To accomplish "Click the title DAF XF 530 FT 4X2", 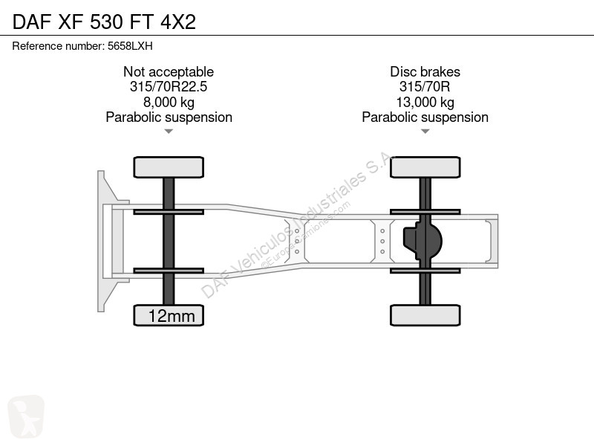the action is coord(104,22).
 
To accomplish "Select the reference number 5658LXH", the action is coord(130,46).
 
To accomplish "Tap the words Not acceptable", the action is coord(169,71).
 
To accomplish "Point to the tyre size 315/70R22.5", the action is coord(169,86).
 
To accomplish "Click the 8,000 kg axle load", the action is coord(169,102).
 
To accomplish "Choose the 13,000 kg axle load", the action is coord(425,102).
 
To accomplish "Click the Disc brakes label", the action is coord(425,71).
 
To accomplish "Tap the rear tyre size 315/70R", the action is coord(425,86).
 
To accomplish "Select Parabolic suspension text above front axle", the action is coord(169,117).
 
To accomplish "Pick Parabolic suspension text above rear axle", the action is coord(425,117).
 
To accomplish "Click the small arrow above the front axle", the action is coord(169,132).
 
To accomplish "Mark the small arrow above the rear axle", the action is coord(425,132).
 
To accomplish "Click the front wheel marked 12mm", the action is coord(169,315).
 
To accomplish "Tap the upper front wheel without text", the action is coord(169,167).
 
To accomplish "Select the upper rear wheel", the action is coord(425,167).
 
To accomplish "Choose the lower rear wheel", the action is coord(425,315).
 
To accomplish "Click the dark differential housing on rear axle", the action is coord(422,241).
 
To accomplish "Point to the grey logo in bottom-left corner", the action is coord(26,416).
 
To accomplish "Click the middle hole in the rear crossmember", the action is coord(382,241).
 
